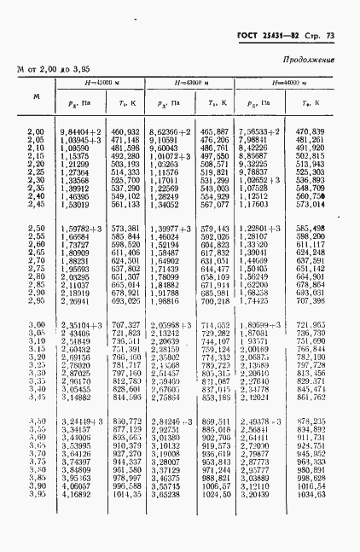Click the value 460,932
click(x=125, y=130)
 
